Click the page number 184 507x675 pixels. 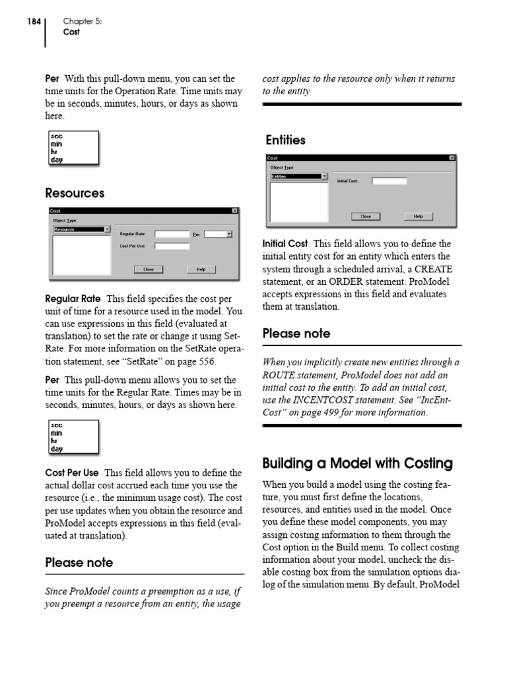pos(34,21)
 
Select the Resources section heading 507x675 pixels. pos(75,193)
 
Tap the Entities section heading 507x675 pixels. pos(285,140)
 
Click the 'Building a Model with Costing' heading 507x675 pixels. pos(357,463)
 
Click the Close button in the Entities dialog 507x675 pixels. pos(365,216)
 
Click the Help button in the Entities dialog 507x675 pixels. pos(418,216)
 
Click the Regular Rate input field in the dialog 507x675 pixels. pos(172,234)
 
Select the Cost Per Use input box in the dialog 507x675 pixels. pos(172,247)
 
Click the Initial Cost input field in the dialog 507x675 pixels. pos(389,181)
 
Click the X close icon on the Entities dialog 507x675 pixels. pos(452,158)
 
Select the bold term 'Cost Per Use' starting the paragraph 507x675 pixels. pos(72,473)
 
